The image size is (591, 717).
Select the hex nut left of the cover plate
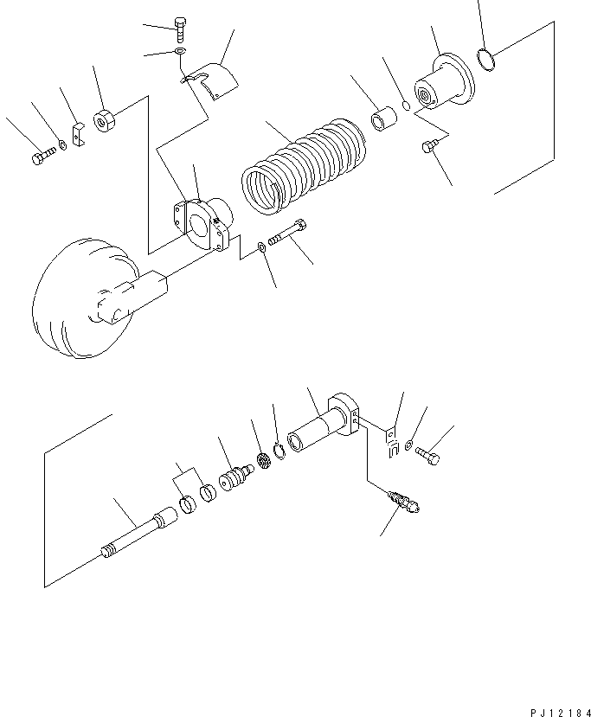click(x=106, y=121)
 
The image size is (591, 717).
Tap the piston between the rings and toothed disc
click(x=234, y=477)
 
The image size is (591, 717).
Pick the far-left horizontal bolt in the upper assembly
click(x=42, y=157)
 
